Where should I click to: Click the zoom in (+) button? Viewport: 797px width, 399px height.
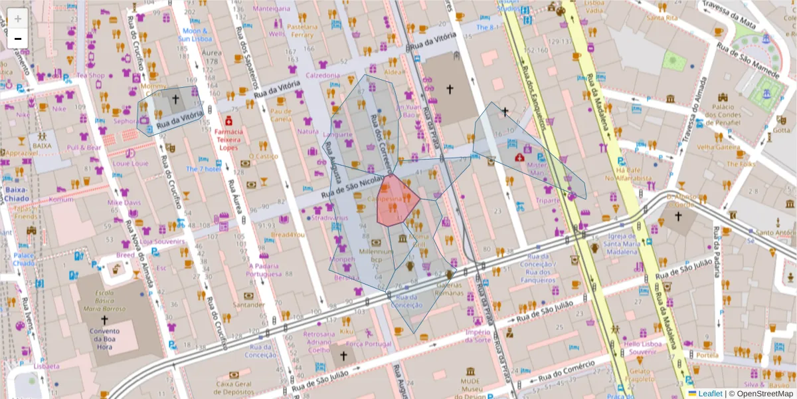(x=18, y=18)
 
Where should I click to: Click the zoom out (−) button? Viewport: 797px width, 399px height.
(x=18, y=38)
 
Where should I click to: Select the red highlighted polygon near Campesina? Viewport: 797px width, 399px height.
(x=396, y=203)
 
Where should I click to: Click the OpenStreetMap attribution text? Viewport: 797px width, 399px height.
(x=761, y=394)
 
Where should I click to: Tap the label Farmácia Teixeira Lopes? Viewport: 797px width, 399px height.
(x=228, y=139)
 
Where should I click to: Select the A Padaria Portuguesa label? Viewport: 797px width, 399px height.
(x=264, y=269)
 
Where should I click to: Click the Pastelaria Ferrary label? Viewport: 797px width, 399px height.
(x=302, y=31)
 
